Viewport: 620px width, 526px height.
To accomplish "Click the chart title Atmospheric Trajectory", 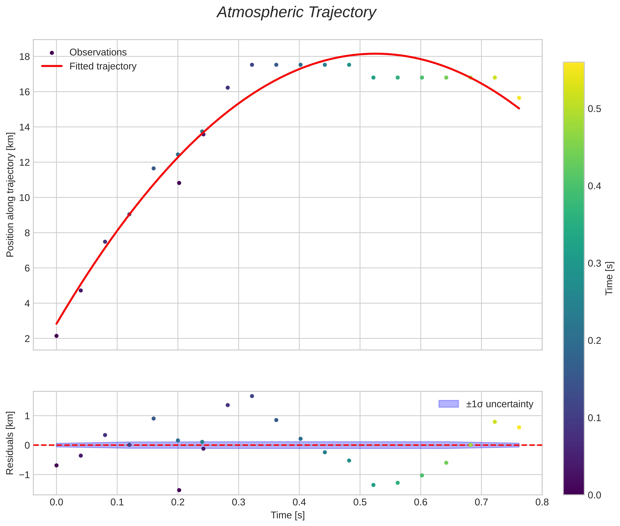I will (296, 12).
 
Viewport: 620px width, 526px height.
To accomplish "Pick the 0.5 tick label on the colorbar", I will (594, 109).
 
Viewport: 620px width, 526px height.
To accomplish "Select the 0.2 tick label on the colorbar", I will (594, 341).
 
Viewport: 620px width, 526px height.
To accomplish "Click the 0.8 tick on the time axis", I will (542, 502).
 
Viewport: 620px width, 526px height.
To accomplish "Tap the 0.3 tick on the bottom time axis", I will (238, 502).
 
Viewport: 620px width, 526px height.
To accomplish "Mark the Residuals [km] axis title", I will (10, 443).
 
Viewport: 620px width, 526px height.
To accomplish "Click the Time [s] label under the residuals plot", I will (288, 515).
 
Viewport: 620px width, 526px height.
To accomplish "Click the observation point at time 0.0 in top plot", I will (56, 336).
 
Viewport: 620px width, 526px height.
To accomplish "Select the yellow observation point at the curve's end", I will (519, 98).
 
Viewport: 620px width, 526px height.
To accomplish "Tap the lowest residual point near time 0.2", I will (179, 490).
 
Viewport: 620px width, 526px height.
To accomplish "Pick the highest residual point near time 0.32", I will (252, 396).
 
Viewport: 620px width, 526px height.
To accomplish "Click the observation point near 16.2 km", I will (228, 88).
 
